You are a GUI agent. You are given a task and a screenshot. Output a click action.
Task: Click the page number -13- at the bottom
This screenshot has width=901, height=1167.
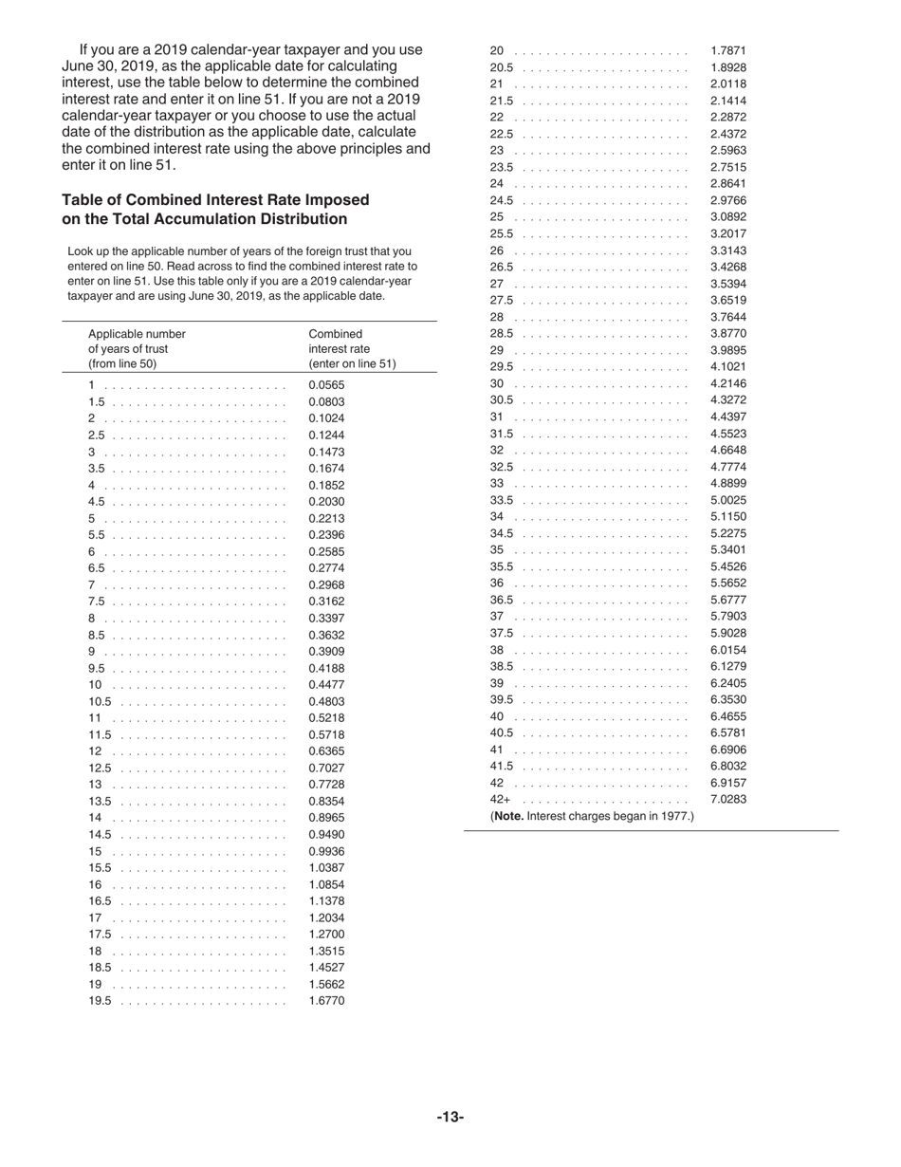pos(450,1118)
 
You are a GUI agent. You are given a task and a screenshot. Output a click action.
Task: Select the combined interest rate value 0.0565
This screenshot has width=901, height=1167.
pos(326,385)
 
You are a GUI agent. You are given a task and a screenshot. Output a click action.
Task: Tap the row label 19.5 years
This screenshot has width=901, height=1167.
pos(100,1001)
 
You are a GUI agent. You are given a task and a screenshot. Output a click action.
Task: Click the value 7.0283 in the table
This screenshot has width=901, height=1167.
pos(727,800)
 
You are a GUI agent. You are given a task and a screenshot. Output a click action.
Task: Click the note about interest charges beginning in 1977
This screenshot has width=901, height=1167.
pos(592,816)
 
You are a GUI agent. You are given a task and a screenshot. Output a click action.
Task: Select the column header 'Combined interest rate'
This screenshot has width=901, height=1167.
pos(352,348)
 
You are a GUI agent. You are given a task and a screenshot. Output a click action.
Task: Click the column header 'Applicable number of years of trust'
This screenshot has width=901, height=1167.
pos(137,348)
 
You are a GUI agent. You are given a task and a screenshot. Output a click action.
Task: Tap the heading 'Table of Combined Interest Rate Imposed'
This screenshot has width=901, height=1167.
pos(215,200)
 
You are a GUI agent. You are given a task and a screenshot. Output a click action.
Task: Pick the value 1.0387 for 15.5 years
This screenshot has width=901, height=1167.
pos(326,868)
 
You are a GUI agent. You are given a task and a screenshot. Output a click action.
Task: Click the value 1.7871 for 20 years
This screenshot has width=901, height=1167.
pos(727,50)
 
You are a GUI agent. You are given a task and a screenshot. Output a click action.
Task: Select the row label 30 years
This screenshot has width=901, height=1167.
pos(497,383)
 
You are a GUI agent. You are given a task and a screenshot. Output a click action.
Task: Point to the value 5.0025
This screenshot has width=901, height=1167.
pos(727,500)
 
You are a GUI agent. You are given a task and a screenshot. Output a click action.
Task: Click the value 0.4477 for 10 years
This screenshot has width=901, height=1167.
pos(326,685)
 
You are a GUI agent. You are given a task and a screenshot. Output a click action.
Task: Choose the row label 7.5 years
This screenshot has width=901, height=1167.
pos(96,602)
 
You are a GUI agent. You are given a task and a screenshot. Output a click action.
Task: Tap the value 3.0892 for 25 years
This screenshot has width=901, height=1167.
pos(727,217)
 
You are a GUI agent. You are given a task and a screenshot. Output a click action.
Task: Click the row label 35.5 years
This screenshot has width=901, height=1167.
pos(501,566)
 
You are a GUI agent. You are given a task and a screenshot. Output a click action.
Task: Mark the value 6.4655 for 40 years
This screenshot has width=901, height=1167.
pos(727,716)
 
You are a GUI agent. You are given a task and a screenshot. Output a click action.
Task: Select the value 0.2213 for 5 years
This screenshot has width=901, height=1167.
pos(326,519)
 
